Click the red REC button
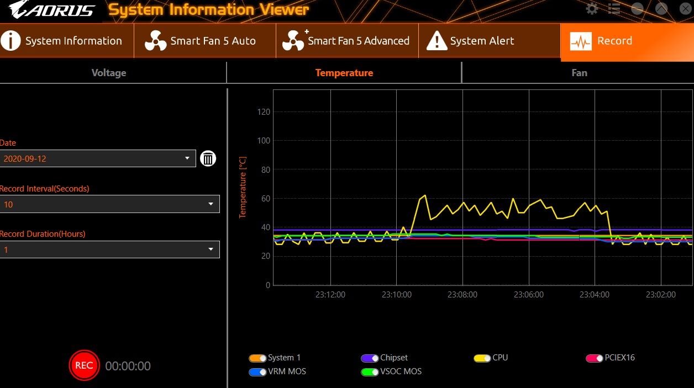(84, 365)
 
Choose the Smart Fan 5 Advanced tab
(346, 41)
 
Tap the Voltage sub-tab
(109, 73)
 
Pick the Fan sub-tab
(579, 73)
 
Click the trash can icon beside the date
(208, 159)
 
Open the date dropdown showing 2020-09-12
(98, 159)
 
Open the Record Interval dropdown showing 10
(109, 204)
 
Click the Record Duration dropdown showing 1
(109, 249)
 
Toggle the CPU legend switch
(482, 358)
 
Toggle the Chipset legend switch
(370, 358)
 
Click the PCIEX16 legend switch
(595, 358)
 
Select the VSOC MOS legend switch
(370, 372)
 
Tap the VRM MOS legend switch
(258, 372)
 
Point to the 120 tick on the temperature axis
(264, 112)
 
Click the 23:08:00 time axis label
(462, 295)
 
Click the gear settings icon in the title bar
(592, 9)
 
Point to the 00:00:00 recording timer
(128, 366)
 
